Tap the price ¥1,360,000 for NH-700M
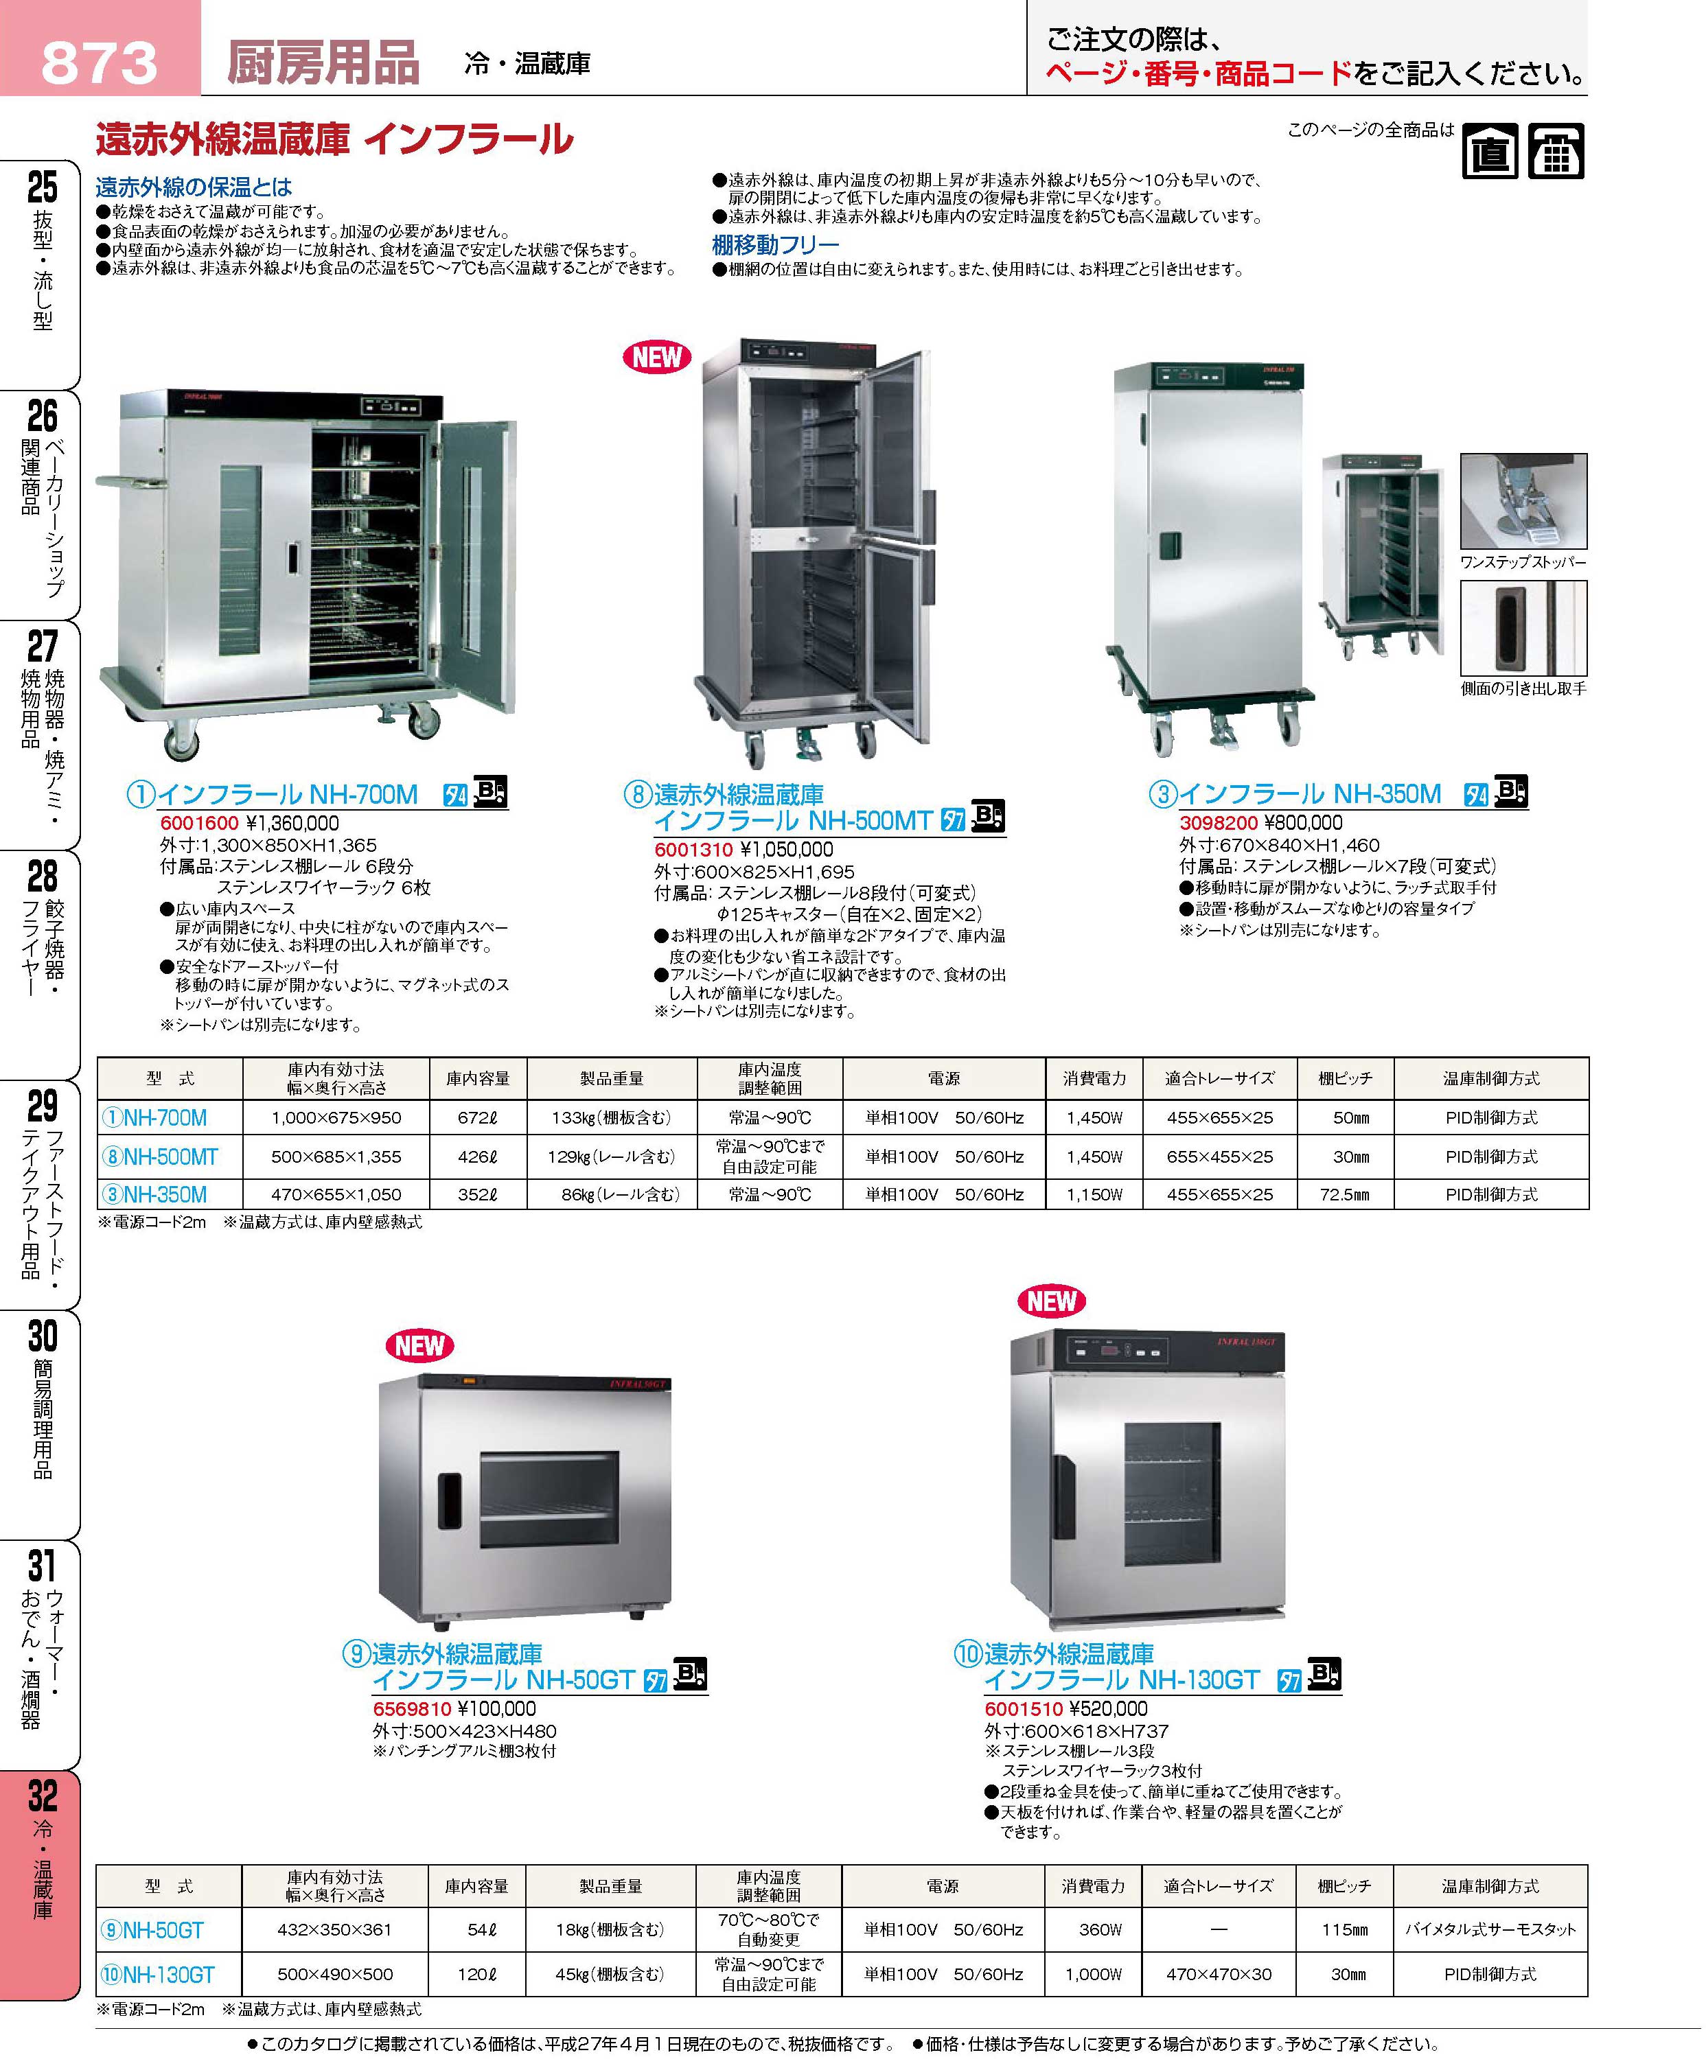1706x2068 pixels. pyautogui.click(x=292, y=823)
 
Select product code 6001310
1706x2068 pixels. pyautogui.click(x=694, y=850)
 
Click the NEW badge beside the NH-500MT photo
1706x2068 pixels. pyautogui.click(x=656, y=357)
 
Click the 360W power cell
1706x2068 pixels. pyautogui.click(x=1100, y=1929)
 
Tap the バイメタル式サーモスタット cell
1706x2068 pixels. pyautogui.click(x=1490, y=1929)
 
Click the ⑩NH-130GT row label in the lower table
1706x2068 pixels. pyautogui.click(x=157, y=1975)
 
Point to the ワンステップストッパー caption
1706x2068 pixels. pyautogui.click(x=1522, y=563)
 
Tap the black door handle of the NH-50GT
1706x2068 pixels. pyautogui.click(x=449, y=1500)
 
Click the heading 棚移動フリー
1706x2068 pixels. pyautogui.click(x=775, y=244)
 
